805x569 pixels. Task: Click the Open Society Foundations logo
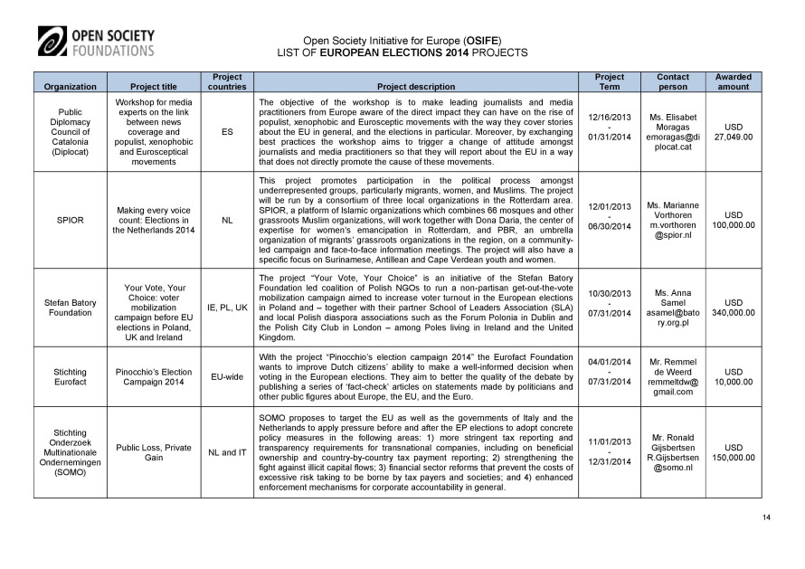pos(96,43)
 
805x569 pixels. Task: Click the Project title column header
pos(153,87)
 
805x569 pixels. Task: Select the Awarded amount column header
pos(733,81)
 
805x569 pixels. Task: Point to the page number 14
pos(766,516)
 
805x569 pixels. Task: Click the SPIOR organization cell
pos(71,219)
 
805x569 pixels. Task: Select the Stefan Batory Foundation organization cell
pos(71,308)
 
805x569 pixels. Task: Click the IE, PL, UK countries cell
pos(226,308)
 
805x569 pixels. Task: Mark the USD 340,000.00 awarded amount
pos(733,308)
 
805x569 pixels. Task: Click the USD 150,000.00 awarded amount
pos(733,451)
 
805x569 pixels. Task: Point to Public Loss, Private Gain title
pos(153,451)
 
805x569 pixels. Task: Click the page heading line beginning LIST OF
pos(402,53)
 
